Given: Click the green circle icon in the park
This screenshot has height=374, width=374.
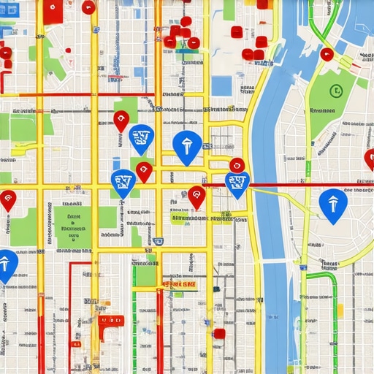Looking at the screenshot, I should [x=335, y=91].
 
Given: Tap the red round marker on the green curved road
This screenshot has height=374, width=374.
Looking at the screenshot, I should [x=327, y=54].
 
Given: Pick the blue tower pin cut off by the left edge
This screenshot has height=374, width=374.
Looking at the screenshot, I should [x=6, y=264].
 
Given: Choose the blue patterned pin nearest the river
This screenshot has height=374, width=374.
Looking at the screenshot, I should [x=237, y=184].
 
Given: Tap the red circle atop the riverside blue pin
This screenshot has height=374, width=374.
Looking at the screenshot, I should [x=237, y=165].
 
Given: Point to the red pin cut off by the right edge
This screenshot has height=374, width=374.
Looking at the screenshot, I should [x=370, y=157].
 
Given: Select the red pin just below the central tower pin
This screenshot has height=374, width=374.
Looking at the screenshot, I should [x=196, y=196].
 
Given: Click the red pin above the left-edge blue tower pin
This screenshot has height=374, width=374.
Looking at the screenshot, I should [x=7, y=198].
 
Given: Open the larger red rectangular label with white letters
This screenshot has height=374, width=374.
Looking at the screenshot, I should [x=179, y=284].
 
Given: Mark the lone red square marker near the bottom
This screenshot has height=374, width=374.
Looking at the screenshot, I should [x=219, y=333].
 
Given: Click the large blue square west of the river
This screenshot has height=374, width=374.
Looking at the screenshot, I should [x=221, y=85].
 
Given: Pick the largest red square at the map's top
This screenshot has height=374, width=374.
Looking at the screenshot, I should [x=53, y=10].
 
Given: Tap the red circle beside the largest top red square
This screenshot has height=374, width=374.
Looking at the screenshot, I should [x=88, y=7].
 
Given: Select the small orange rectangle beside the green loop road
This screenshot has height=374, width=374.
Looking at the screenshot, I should [x=339, y=310].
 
